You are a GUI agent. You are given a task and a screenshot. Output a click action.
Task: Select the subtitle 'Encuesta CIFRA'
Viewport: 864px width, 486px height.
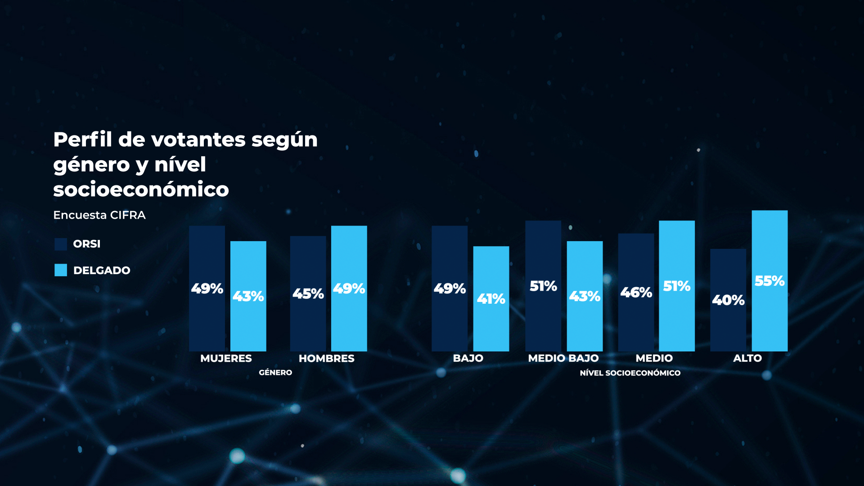pyautogui.click(x=99, y=215)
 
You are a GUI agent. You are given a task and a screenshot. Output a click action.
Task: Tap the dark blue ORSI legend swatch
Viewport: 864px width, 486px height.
pyautogui.click(x=61, y=244)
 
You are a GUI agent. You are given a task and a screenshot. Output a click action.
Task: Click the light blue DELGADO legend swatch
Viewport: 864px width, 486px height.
pyautogui.click(x=61, y=270)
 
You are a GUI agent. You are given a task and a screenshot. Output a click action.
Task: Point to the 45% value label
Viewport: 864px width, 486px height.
pyautogui.click(x=308, y=294)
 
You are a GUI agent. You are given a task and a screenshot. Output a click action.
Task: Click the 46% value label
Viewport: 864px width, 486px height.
pyautogui.click(x=636, y=292)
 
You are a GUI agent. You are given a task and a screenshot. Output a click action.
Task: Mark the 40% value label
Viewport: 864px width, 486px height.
pyautogui.click(x=728, y=300)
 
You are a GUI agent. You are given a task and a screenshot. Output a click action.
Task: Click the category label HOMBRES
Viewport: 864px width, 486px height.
pyautogui.click(x=327, y=359)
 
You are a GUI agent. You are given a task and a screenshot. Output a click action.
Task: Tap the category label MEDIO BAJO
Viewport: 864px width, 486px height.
pyautogui.click(x=563, y=359)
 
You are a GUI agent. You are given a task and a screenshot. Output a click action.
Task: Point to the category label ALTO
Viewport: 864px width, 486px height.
pyautogui.click(x=747, y=359)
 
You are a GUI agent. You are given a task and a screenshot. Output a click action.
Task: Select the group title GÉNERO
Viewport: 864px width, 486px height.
pyautogui.click(x=275, y=373)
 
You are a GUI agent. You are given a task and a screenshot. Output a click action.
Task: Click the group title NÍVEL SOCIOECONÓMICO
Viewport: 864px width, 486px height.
pyautogui.click(x=630, y=373)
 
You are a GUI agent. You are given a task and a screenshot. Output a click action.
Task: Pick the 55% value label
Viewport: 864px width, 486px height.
pyautogui.click(x=769, y=281)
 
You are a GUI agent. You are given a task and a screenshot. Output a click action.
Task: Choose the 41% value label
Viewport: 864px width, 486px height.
pyautogui.click(x=491, y=299)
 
